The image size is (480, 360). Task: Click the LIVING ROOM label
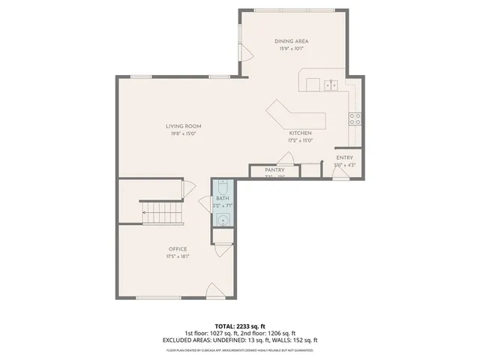[x=184, y=126]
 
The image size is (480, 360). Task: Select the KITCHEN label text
[x=300, y=132]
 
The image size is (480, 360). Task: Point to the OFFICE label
[x=178, y=249]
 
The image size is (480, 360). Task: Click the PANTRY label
[x=274, y=170]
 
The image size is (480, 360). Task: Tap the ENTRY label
[x=344, y=157]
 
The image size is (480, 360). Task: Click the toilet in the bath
[x=223, y=187]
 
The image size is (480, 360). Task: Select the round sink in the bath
[x=223, y=219]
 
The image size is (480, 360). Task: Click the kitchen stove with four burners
[x=355, y=118]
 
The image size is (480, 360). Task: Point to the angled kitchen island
[x=295, y=118]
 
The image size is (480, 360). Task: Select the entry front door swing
[x=340, y=173]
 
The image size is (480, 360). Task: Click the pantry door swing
[x=286, y=158]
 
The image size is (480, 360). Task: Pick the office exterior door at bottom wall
[x=214, y=291]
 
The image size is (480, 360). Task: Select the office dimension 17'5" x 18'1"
[x=178, y=257]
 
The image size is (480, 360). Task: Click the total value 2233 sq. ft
[x=251, y=326]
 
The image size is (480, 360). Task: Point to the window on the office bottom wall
[x=158, y=298]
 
